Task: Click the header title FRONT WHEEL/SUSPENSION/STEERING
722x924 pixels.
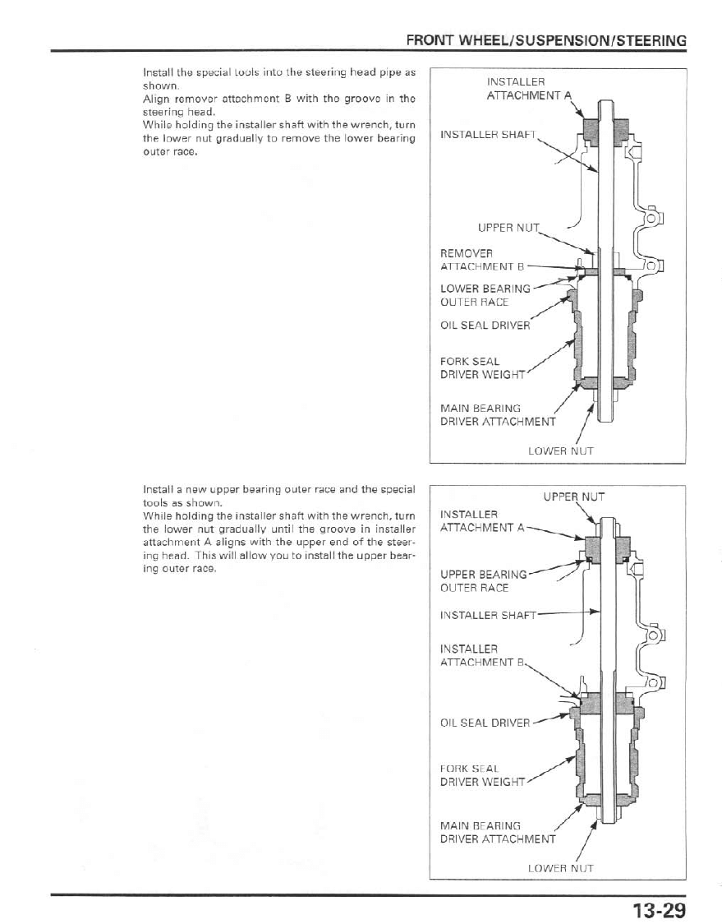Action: pyautogui.click(x=546, y=40)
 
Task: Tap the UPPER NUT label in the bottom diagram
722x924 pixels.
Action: pyautogui.click(x=573, y=496)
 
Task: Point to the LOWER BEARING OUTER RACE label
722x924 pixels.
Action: pyautogui.click(x=485, y=295)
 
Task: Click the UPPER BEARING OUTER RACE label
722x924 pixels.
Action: pyautogui.click(x=483, y=580)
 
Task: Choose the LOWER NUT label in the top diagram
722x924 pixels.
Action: pyautogui.click(x=560, y=450)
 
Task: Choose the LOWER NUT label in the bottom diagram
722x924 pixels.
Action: pyautogui.click(x=560, y=867)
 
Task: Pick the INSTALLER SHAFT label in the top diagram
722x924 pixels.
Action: pyautogui.click(x=488, y=134)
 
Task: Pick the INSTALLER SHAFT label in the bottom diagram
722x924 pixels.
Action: pyautogui.click(x=488, y=614)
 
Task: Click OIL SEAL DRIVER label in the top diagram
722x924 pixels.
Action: pyautogui.click(x=485, y=324)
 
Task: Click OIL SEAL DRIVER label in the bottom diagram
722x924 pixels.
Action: pyautogui.click(x=485, y=723)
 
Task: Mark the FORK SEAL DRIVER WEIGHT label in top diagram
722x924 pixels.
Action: pyautogui.click(x=482, y=367)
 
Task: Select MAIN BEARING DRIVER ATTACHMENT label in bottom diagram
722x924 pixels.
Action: pyautogui.click(x=497, y=832)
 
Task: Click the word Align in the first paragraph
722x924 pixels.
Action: pyautogui.click(x=155, y=99)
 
